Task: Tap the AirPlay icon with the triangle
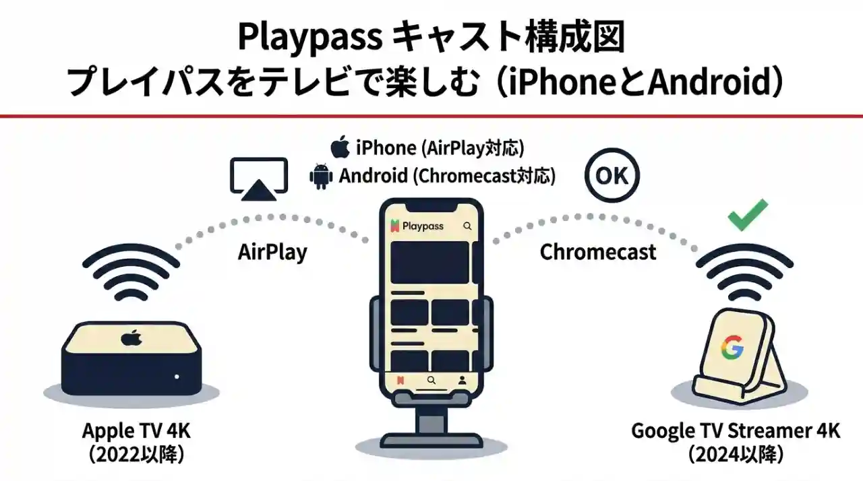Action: pyautogui.click(x=259, y=179)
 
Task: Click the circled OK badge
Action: pyautogui.click(x=612, y=177)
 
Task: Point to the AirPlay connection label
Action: pyautogui.click(x=272, y=252)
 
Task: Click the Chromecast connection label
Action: pyautogui.click(x=597, y=252)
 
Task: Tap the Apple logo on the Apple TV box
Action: pyautogui.click(x=130, y=338)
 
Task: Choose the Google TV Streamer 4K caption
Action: pyautogui.click(x=736, y=430)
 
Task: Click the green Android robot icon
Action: pyautogui.click(x=320, y=176)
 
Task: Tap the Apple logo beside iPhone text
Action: pyautogui.click(x=340, y=146)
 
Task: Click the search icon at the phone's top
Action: pyautogui.click(x=467, y=226)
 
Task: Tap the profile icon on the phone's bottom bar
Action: pyautogui.click(x=462, y=381)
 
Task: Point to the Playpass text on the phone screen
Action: pyautogui.click(x=423, y=226)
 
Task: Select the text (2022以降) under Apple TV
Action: pyautogui.click(x=137, y=454)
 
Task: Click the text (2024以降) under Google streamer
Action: pyautogui.click(x=736, y=454)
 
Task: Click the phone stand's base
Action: pyautogui.click(x=431, y=445)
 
